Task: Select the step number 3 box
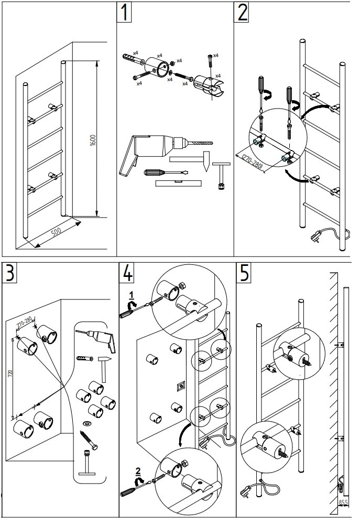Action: coord(11,273)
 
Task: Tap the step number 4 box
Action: coord(128,273)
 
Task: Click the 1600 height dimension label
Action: coord(93,141)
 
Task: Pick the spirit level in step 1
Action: coord(179,183)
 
